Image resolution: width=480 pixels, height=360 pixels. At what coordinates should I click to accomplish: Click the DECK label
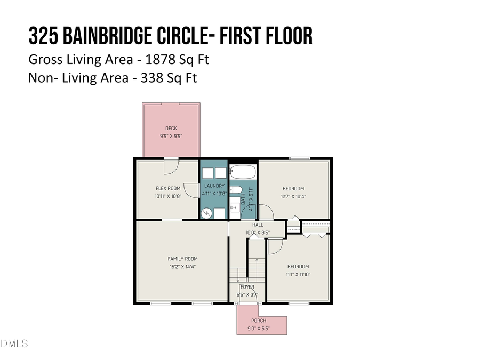(x=171, y=128)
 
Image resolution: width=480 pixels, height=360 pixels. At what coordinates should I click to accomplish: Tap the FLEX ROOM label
(x=168, y=188)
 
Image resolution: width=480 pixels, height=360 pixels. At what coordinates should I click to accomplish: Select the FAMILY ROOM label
(x=183, y=259)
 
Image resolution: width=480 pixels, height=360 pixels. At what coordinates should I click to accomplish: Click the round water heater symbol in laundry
(x=206, y=213)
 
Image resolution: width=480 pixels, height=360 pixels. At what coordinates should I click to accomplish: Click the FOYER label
(x=247, y=287)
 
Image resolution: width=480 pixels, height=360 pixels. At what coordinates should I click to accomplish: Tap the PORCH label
(x=259, y=321)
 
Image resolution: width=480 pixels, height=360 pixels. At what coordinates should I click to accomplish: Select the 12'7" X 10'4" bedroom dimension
(x=293, y=196)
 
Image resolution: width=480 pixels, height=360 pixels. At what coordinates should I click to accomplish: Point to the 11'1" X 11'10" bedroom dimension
(x=298, y=274)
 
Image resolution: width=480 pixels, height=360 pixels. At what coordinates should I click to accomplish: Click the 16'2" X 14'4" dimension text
(x=183, y=267)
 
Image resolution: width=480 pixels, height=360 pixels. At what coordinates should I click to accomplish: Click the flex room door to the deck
(x=171, y=166)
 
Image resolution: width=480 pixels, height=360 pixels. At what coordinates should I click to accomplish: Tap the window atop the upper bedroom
(x=300, y=158)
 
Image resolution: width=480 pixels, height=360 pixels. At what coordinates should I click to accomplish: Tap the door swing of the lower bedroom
(x=274, y=246)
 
